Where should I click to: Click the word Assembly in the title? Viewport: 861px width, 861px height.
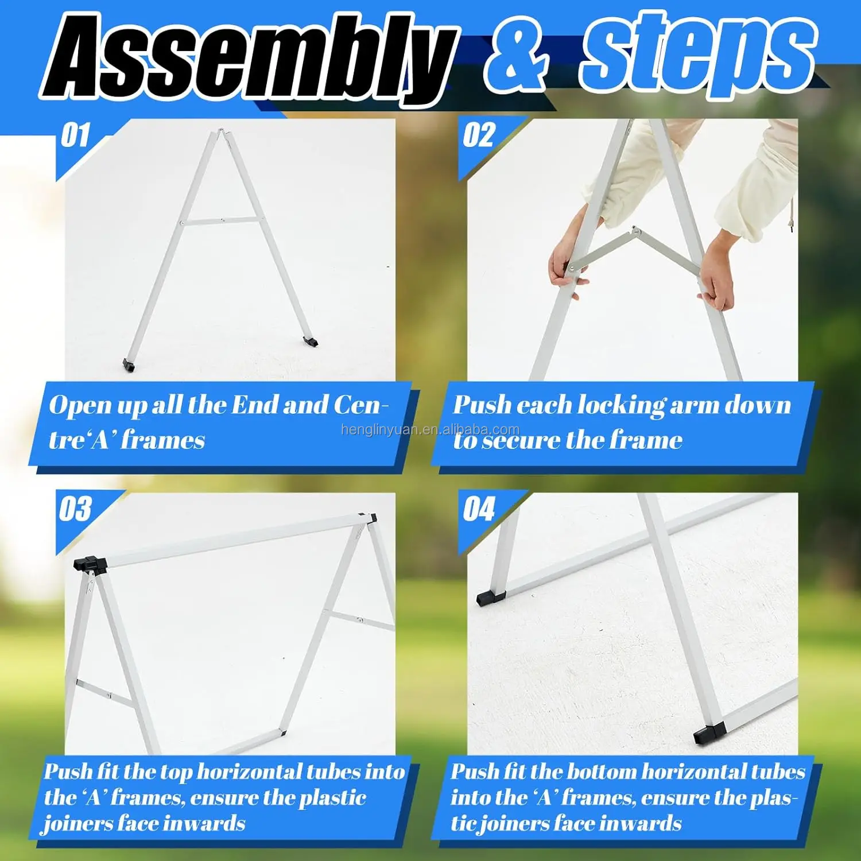click(247, 57)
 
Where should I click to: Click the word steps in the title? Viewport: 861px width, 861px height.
click(697, 55)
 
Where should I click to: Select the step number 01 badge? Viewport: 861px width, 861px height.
click(75, 136)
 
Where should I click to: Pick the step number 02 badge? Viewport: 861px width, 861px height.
click(479, 136)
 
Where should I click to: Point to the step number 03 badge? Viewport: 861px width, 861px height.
click(75, 509)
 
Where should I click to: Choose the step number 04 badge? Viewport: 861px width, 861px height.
click(479, 509)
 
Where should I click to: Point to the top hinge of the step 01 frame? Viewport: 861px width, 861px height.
click(221, 133)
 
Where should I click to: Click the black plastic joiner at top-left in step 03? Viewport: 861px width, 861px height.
click(91, 563)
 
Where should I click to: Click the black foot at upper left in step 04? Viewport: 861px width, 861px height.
click(491, 597)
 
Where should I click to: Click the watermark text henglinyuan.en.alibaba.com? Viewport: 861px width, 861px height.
click(430, 429)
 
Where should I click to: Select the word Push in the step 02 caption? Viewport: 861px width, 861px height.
click(481, 405)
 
